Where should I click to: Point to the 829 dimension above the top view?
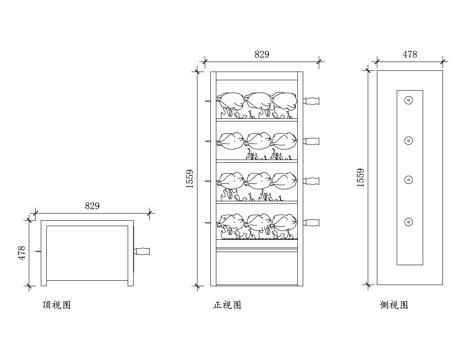tap(92, 205)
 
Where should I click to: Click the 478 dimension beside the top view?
tap(19, 250)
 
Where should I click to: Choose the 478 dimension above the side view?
tap(410, 55)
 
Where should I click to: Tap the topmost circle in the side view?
tap(409, 101)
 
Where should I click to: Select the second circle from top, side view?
tap(409, 140)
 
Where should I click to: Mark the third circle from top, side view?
tap(409, 180)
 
